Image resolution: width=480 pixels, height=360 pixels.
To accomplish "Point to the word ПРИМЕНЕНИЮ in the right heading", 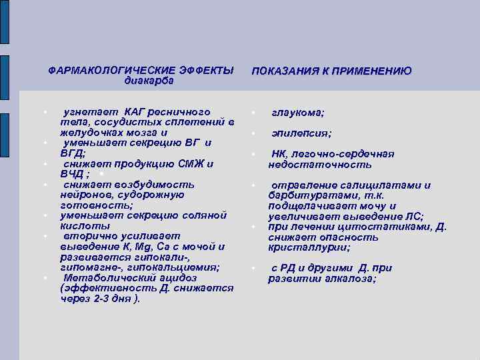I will [x=374, y=71].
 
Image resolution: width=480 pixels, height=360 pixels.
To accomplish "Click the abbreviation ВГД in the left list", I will [x=72, y=153].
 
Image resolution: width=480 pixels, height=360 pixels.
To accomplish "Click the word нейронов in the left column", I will [x=83, y=194].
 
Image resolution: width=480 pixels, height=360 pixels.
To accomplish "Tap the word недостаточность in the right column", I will [x=311, y=165].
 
